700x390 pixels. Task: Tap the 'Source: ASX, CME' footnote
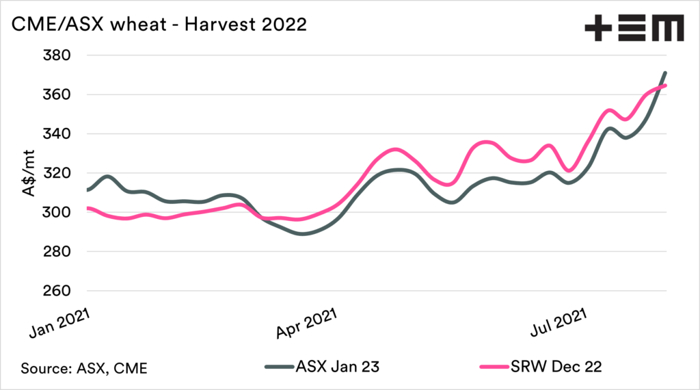[84, 367]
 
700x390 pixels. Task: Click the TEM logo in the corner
[634, 29]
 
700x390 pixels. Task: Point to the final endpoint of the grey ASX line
[666, 73]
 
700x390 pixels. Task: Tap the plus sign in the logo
[597, 29]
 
